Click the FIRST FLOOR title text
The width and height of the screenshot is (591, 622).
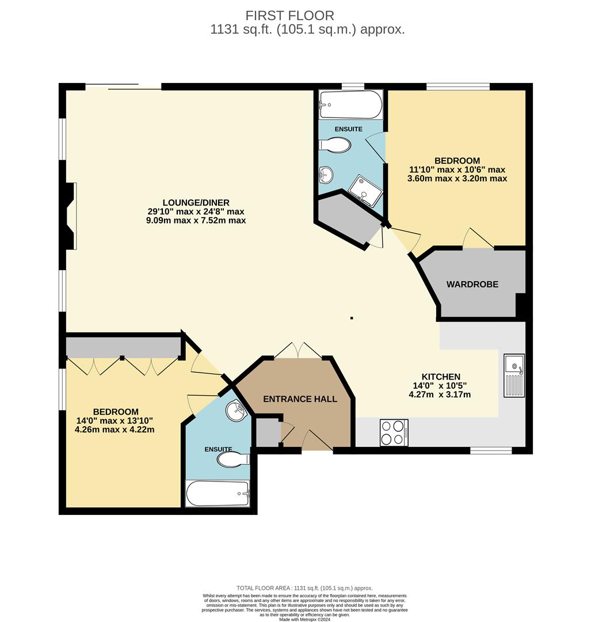coord(289,16)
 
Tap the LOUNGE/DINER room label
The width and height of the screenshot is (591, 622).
coord(196,202)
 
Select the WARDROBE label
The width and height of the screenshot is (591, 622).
coord(472,285)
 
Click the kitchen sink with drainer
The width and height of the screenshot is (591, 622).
coord(514,376)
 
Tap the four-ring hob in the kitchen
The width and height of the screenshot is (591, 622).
coord(394,433)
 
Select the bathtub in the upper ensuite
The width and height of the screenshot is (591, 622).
coord(350,104)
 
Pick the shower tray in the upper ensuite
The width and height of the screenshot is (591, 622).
coord(365,189)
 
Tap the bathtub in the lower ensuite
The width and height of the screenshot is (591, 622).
coord(218,494)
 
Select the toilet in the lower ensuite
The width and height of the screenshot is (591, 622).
coord(232,460)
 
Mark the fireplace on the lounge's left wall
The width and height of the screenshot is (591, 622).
coord(70,216)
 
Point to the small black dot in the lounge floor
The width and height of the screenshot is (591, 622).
coord(352,318)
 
